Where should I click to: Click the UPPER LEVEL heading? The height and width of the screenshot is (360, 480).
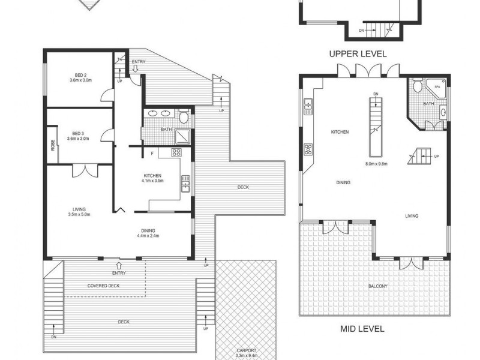[358, 54]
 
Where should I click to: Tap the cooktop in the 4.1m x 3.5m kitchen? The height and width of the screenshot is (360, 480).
[178, 152]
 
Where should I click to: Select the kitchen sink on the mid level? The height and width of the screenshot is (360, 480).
[308, 106]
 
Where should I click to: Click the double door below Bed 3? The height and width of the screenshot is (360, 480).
[85, 170]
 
